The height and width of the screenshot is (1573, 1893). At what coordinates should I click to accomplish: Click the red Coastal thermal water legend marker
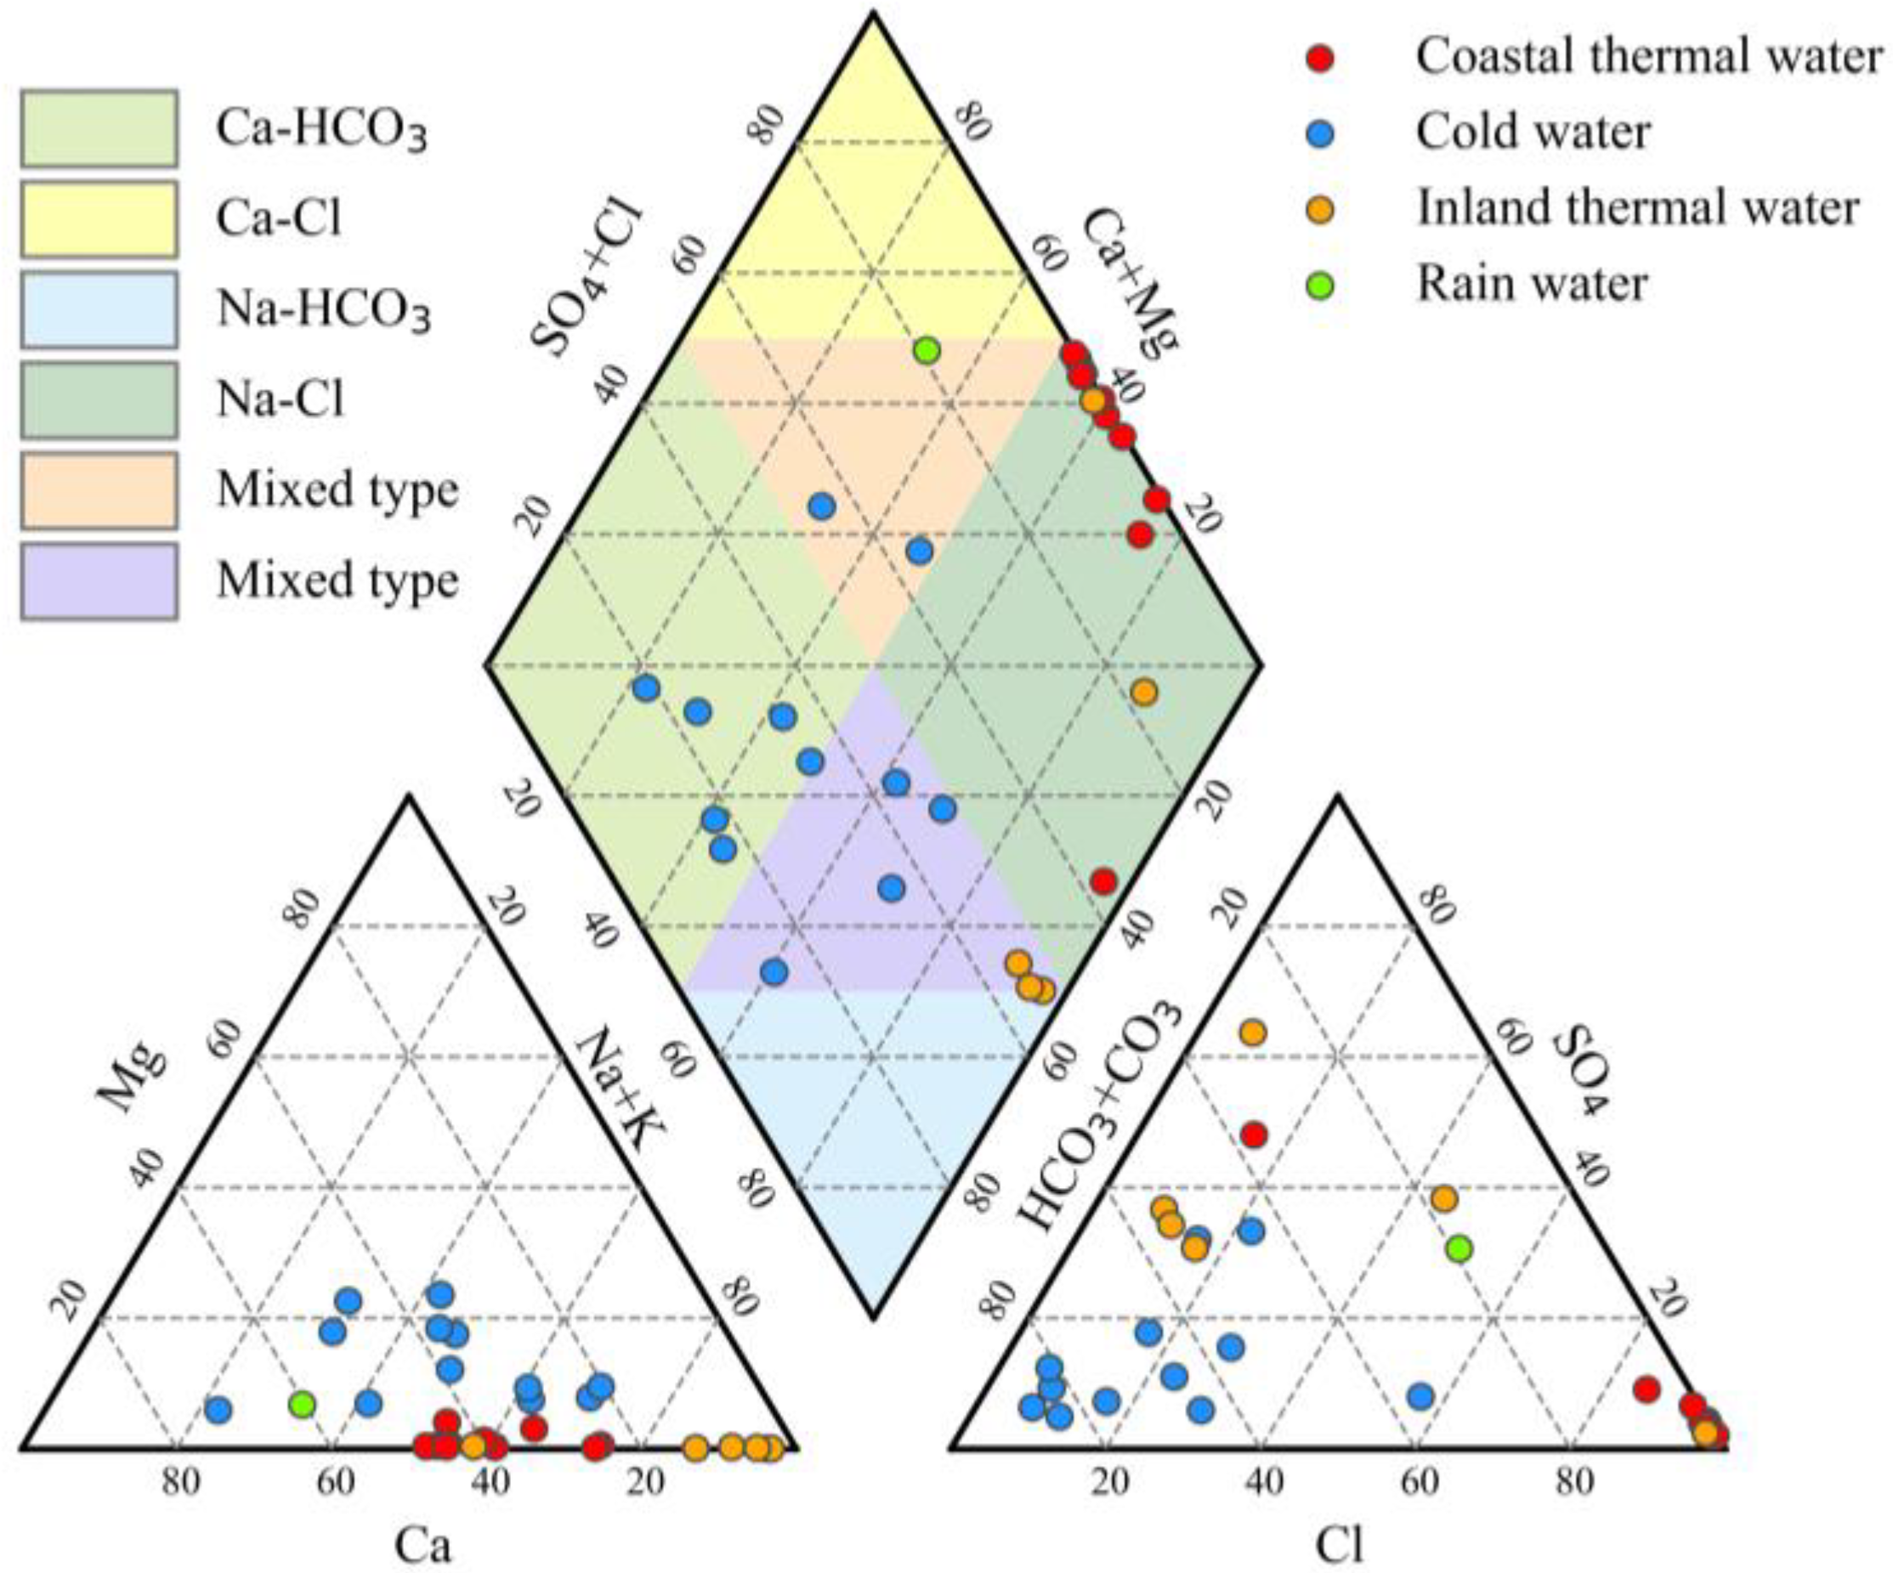[1320, 57]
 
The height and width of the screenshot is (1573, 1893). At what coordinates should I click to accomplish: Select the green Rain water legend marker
[1320, 286]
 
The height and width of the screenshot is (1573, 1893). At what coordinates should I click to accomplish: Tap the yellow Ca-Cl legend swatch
[99, 218]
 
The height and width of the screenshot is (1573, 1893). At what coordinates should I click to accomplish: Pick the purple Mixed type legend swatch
[99, 580]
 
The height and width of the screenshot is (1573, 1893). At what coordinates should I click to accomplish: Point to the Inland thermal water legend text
[1637, 208]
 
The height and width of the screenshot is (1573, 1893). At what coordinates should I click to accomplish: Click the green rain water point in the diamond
[927, 350]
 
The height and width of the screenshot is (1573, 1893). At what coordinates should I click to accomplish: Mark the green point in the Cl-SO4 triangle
[1459, 1248]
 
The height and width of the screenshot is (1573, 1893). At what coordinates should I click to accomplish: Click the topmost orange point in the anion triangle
[1252, 1033]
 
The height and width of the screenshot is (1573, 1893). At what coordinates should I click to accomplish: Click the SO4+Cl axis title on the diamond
[587, 281]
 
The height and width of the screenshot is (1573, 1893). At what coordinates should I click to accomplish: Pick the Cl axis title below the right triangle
[1340, 1546]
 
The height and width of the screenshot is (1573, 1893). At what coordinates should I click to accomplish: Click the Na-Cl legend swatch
[99, 399]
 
